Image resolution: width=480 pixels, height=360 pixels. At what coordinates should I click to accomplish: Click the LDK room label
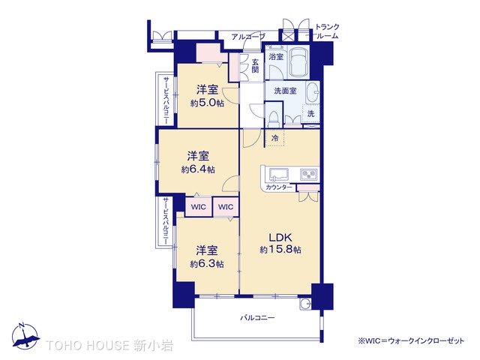(x=280, y=237)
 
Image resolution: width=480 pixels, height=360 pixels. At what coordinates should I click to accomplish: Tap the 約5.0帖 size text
(x=207, y=103)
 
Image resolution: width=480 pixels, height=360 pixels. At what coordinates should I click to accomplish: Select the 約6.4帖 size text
(x=198, y=169)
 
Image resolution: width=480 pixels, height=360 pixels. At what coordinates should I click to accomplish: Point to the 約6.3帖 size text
(x=207, y=263)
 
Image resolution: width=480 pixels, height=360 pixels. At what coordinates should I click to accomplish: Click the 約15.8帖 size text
(x=280, y=250)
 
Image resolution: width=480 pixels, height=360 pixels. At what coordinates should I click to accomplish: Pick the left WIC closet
(x=199, y=207)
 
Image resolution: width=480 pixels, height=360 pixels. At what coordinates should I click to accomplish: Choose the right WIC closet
(x=226, y=207)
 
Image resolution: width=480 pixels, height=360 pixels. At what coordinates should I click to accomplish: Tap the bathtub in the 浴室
(x=298, y=62)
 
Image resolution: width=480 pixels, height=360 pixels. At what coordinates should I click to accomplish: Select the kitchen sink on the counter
(x=279, y=175)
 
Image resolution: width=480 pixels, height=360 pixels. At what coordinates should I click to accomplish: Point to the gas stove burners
(x=309, y=175)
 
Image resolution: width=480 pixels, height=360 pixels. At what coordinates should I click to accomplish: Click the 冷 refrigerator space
(x=275, y=138)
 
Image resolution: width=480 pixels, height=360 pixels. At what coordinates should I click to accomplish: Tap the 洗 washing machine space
(x=310, y=114)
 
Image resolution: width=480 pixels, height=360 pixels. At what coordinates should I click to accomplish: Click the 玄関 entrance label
(x=255, y=65)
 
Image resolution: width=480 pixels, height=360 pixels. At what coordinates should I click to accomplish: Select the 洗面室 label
(x=285, y=91)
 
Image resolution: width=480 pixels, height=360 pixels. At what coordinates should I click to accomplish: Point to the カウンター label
(x=278, y=187)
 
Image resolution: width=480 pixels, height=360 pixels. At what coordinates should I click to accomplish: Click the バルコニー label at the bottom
(x=257, y=318)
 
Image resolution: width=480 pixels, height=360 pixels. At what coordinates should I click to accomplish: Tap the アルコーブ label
(x=248, y=37)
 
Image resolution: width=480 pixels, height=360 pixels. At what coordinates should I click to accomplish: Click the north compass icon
(x=25, y=336)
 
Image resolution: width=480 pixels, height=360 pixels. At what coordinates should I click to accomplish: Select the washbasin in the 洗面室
(x=313, y=91)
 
